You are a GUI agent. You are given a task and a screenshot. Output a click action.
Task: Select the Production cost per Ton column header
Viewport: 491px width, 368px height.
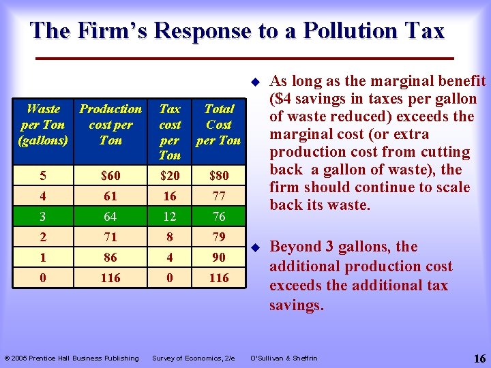pyautogui.click(x=110, y=125)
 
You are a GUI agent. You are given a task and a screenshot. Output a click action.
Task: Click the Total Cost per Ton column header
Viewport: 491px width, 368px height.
pyautogui.click(x=219, y=125)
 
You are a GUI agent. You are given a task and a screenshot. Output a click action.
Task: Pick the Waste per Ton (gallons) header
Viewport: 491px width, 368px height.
pyautogui.click(x=43, y=125)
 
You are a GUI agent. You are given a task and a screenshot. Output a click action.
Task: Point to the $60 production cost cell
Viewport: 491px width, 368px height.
pyautogui.click(x=110, y=176)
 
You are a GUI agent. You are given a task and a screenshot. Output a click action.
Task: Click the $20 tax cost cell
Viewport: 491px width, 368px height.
pyautogui.click(x=170, y=176)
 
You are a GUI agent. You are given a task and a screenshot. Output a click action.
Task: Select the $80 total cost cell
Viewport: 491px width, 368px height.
pyautogui.click(x=219, y=176)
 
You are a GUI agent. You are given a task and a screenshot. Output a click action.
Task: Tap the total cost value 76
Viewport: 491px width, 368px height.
pyautogui.click(x=219, y=217)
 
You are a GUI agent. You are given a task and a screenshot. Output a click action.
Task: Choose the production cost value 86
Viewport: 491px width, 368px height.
pyautogui.click(x=110, y=258)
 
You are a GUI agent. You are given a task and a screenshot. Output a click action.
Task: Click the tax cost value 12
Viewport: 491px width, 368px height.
pyautogui.click(x=170, y=217)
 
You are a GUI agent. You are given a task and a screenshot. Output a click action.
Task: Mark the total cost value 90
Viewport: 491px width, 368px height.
pyautogui.click(x=219, y=258)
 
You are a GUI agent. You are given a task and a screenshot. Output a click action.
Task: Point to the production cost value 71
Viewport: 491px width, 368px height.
pyautogui.click(x=110, y=237)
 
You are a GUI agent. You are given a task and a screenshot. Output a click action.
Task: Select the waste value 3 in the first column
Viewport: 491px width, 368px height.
pyautogui.click(x=43, y=217)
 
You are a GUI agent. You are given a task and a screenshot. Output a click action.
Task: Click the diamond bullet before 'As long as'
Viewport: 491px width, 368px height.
pyautogui.click(x=254, y=81)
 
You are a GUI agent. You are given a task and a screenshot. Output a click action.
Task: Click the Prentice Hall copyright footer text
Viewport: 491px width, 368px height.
pyautogui.click(x=72, y=358)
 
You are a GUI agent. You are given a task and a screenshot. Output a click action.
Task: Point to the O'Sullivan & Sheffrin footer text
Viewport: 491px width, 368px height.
pyautogui.click(x=284, y=358)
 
